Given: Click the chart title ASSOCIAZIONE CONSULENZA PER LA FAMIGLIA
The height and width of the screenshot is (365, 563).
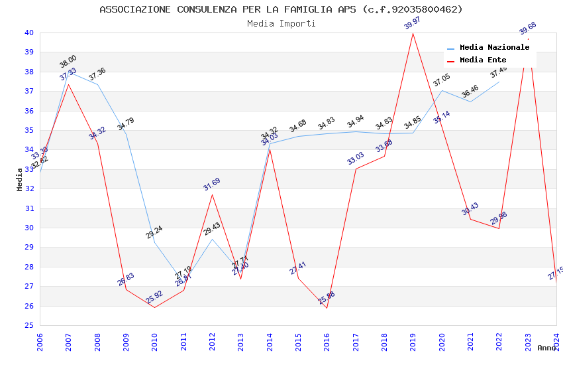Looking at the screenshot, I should (x=281, y=9).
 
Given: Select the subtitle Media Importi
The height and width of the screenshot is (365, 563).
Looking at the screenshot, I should (x=281, y=23).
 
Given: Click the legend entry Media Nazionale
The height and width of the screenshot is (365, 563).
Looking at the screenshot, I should (x=494, y=48).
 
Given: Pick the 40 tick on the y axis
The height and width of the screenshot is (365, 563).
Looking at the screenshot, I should (x=28, y=33).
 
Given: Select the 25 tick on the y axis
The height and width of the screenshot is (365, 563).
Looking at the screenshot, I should (x=28, y=326).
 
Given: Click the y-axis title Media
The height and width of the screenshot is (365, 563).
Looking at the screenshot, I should (x=20, y=179).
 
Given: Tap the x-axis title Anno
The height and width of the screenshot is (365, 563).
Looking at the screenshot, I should (x=546, y=348).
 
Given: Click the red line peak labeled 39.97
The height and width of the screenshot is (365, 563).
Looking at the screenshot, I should (x=413, y=33).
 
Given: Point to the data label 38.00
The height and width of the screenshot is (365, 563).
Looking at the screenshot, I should (x=68, y=62).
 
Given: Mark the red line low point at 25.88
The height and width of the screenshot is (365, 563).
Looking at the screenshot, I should (x=327, y=307).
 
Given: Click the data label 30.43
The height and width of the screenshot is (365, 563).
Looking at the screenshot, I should (x=470, y=209).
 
